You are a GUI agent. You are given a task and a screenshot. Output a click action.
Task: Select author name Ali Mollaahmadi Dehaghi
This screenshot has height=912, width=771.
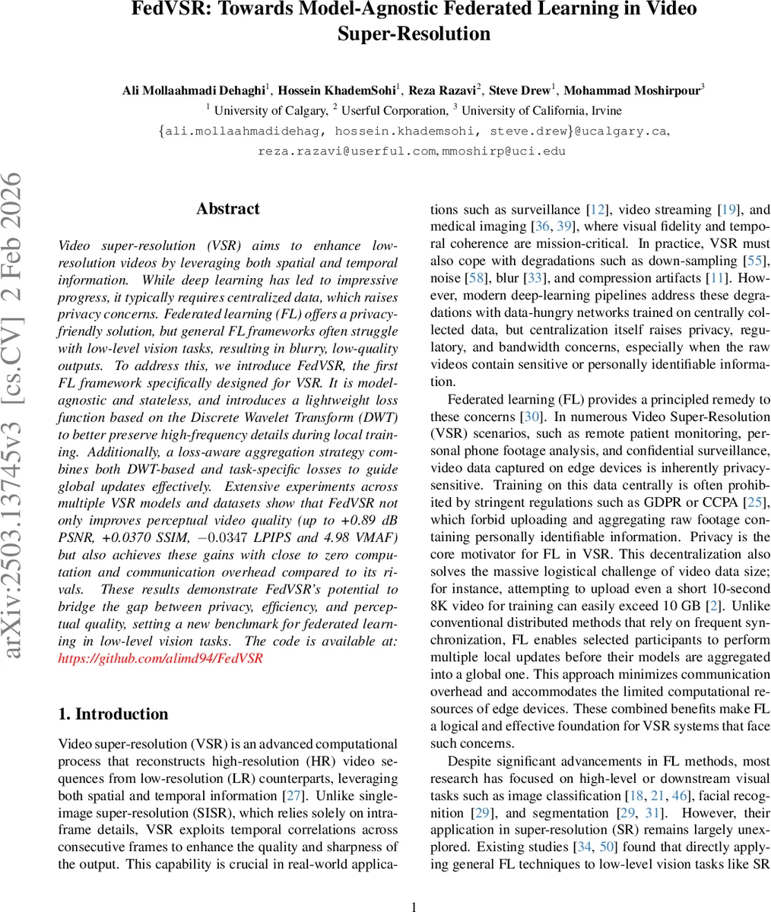(x=193, y=90)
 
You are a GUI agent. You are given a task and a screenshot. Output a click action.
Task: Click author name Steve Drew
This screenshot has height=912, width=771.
(x=521, y=90)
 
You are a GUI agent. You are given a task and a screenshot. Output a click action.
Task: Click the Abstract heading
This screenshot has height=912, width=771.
(x=227, y=209)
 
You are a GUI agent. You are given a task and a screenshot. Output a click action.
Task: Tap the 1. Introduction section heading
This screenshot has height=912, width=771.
(x=113, y=714)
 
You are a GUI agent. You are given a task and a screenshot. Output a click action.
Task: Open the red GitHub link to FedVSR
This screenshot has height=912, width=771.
(x=160, y=657)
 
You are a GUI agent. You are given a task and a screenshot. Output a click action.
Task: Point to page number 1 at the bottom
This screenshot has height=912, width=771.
(x=414, y=906)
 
